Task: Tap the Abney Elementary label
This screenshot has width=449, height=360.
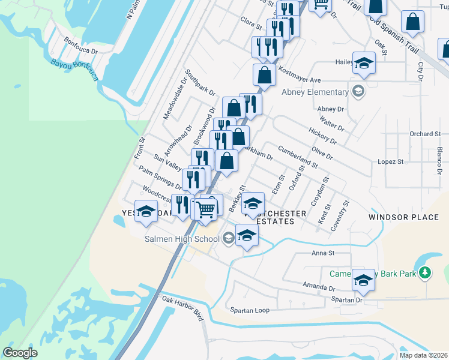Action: tap(315, 92)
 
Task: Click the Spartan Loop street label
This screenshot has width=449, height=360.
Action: tap(250, 310)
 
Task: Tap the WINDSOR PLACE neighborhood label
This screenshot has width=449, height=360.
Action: tap(403, 217)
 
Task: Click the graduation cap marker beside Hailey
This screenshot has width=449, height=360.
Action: tap(364, 63)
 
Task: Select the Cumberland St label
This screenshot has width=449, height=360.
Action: tap(297, 155)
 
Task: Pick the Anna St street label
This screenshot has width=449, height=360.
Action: tap(322, 253)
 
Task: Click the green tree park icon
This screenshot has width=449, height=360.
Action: tap(426, 273)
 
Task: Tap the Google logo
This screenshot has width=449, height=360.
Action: tap(20, 353)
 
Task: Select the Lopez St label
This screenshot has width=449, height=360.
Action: tap(391, 162)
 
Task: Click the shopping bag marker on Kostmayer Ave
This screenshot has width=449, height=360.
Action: tap(264, 75)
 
